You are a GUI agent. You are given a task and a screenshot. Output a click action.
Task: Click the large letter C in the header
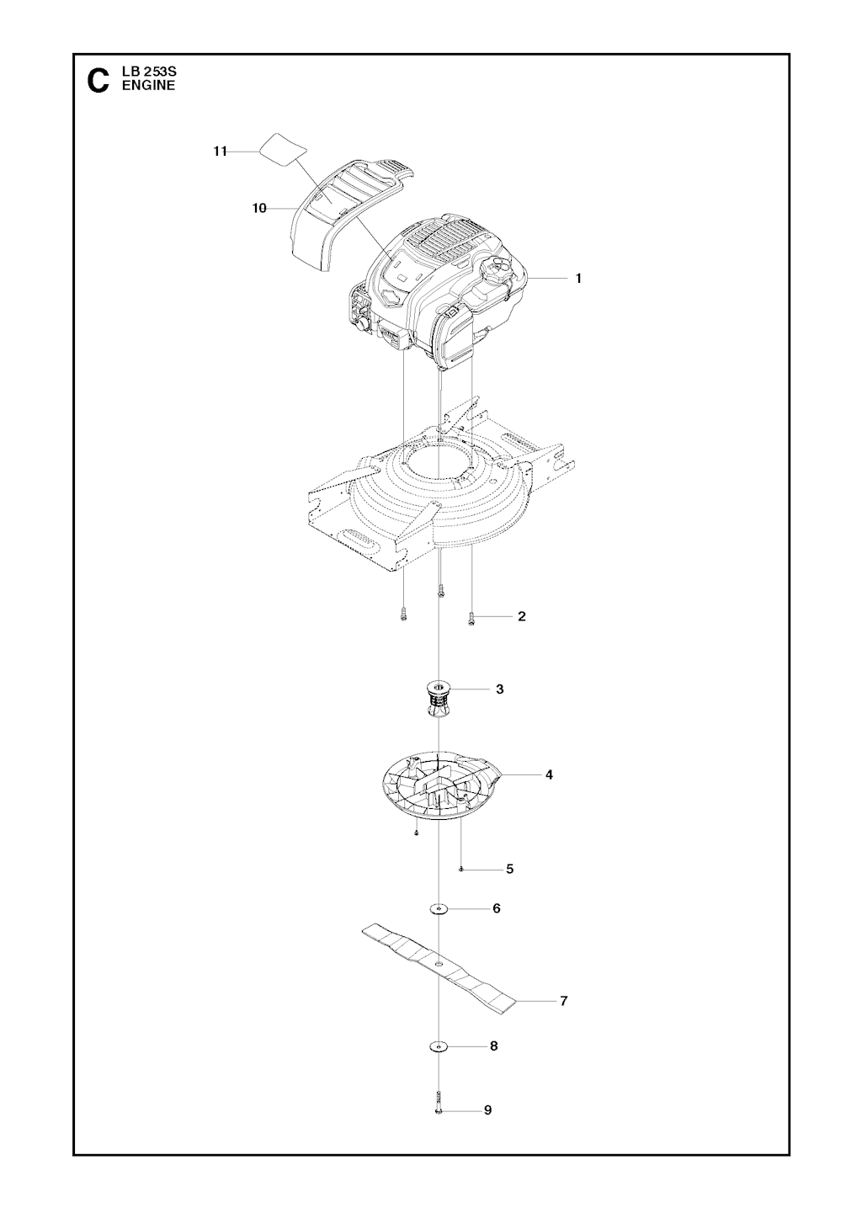pyautogui.click(x=98, y=80)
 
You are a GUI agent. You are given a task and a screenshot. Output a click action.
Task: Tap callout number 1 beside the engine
pyautogui.click(x=578, y=279)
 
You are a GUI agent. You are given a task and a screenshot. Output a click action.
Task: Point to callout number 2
pyautogui.click(x=522, y=616)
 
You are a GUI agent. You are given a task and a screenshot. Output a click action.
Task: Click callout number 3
pyautogui.click(x=499, y=689)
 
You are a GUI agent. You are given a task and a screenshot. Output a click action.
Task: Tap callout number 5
pyautogui.click(x=510, y=869)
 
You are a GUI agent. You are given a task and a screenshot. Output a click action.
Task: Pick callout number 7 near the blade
pyautogui.click(x=564, y=1001)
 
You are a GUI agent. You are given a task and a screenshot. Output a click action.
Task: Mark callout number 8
pyautogui.click(x=493, y=1061)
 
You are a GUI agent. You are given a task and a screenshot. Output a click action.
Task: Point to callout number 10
pyautogui.click(x=259, y=208)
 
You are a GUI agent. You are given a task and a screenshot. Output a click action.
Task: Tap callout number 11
pyautogui.click(x=220, y=152)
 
